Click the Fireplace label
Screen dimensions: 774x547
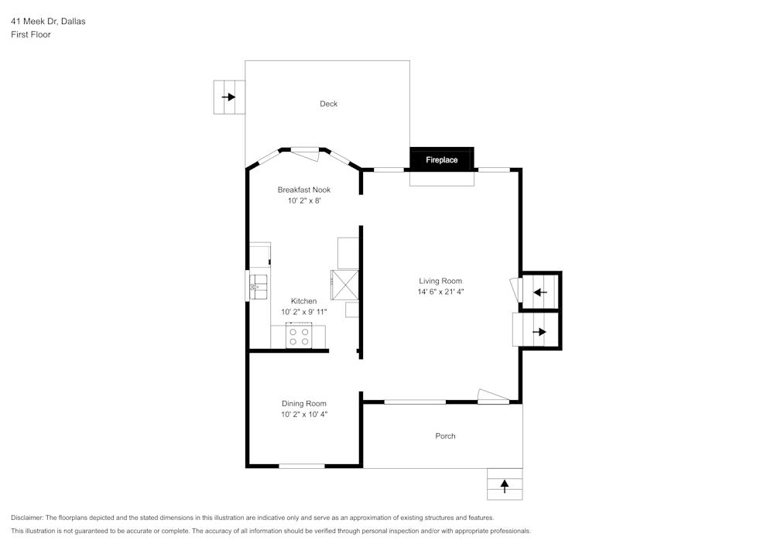coord(441,160)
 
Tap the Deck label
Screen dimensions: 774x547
coord(329,104)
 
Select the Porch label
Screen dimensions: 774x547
coord(445,436)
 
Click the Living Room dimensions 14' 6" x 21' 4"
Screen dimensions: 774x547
coord(441,292)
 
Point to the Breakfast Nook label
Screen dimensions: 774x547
coord(304,190)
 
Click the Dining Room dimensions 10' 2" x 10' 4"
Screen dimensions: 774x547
coord(304,415)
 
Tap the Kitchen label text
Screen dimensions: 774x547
coord(303,301)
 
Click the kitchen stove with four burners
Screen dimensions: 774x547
coord(299,337)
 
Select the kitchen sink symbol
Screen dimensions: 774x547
coord(259,287)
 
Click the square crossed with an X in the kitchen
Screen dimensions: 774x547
coord(345,285)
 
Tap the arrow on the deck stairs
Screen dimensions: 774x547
coord(228,97)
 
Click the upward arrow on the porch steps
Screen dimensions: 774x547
coord(505,487)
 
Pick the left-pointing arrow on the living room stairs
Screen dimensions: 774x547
coord(540,292)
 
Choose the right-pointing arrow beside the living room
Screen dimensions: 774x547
coord(539,332)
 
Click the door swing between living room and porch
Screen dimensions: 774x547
coord(493,395)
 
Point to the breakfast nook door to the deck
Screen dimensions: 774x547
coord(306,155)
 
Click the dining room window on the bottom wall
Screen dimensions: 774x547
coord(302,466)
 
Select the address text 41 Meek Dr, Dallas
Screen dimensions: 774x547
coord(48,21)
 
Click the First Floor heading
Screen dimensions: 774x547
coord(31,35)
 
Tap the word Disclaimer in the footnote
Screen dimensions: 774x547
coord(27,518)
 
